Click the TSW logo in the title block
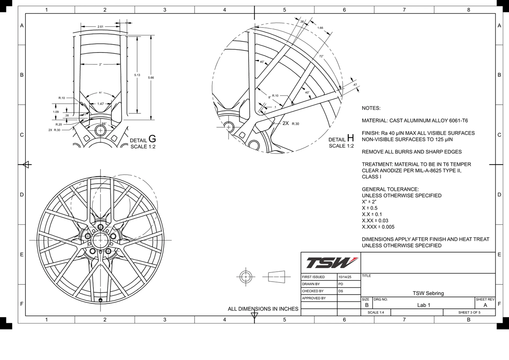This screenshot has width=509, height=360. point(331,263)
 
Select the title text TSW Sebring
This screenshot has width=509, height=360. point(428,293)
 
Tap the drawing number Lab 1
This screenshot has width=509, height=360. point(424,305)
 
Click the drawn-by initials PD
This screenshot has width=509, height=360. point(341,284)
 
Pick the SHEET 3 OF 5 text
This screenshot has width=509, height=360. point(469,312)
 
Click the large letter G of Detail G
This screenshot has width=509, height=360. point(152,139)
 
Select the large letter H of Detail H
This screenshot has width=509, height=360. point(350,138)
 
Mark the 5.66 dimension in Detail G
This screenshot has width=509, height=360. point(151,78)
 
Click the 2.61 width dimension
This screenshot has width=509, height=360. point(101,27)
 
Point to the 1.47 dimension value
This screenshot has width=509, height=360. point(100,104)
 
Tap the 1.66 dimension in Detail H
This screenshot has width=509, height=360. point(320,28)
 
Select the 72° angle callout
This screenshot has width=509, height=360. point(321,56)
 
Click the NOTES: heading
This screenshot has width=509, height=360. point(371,108)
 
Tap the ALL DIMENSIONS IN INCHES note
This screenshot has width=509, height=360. point(263,309)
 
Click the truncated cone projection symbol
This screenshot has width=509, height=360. point(277,276)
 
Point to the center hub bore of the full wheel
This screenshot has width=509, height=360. point(100,240)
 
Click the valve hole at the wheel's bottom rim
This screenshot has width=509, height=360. point(100,300)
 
